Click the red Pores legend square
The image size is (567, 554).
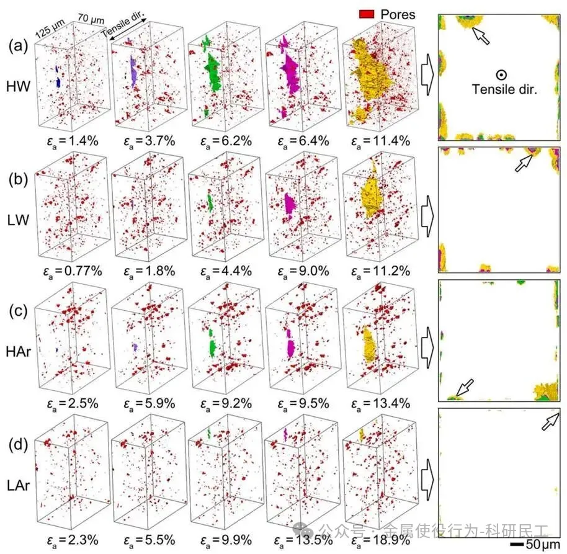click(x=368, y=14)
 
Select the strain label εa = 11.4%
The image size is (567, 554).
click(x=379, y=140)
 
